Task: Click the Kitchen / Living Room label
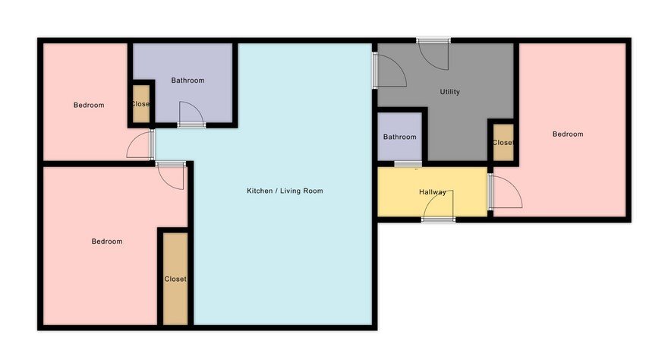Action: (285, 191)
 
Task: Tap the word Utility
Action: (450, 92)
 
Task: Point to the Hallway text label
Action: (433, 192)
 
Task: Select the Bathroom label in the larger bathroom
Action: (188, 80)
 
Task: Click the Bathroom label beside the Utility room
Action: (399, 137)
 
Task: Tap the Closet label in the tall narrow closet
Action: (175, 279)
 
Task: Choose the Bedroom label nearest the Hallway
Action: (568, 134)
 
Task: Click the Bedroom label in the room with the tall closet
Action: (107, 241)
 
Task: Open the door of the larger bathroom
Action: (191, 114)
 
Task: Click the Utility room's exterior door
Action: (433, 54)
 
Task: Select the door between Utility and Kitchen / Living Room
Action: (389, 71)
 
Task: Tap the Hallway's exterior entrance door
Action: (439, 206)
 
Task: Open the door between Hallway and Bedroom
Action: (505, 191)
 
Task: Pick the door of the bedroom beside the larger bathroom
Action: (140, 144)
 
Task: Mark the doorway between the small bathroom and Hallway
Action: (408, 164)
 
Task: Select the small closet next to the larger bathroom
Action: (141, 104)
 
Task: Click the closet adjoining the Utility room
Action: (503, 142)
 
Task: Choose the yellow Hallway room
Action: (433, 191)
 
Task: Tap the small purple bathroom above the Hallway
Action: (399, 137)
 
